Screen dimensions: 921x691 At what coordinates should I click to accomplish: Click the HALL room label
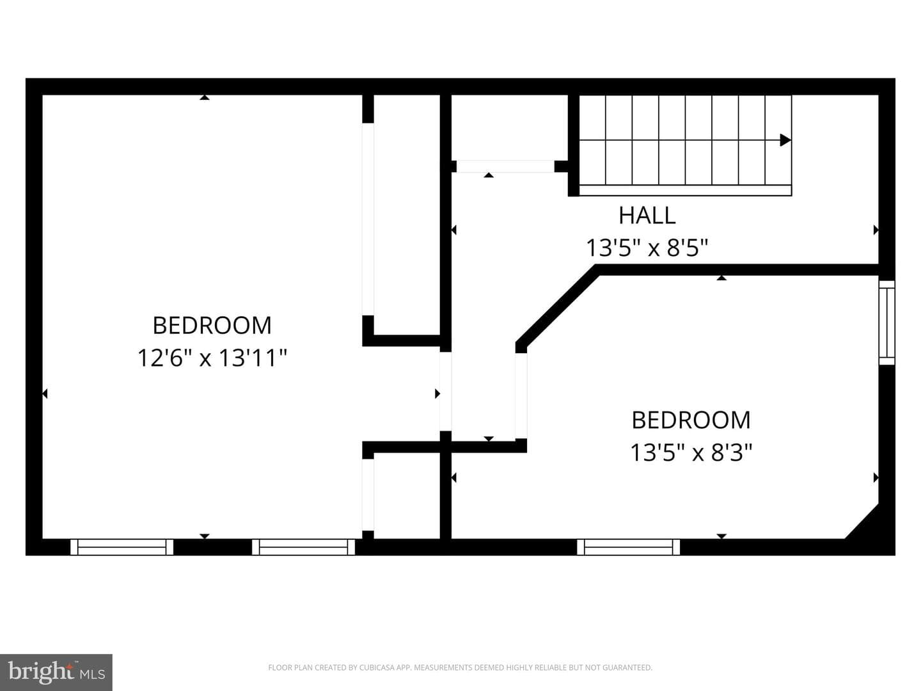pyautogui.click(x=647, y=216)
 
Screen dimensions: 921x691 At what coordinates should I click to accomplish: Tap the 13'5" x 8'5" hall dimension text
pyautogui.click(x=647, y=248)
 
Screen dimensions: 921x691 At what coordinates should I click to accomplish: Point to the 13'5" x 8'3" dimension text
pyautogui.click(x=691, y=453)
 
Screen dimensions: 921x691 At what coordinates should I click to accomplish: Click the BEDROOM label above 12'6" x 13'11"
pyautogui.click(x=212, y=326)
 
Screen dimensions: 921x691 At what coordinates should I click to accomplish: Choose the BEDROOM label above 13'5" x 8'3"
pyautogui.click(x=691, y=420)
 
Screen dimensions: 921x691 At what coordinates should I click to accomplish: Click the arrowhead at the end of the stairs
pyautogui.click(x=785, y=140)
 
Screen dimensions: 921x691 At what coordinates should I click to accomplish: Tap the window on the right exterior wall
pyautogui.click(x=886, y=322)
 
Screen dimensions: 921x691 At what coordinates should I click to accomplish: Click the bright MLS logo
pyautogui.click(x=56, y=672)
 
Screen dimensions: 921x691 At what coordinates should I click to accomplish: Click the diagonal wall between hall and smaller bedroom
pyautogui.click(x=556, y=306)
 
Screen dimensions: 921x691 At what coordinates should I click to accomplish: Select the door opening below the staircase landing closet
pyautogui.click(x=506, y=166)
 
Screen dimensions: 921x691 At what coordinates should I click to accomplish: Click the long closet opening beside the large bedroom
pyautogui.click(x=368, y=219)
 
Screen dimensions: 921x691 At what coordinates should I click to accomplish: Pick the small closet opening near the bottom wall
pyautogui.click(x=368, y=495)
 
